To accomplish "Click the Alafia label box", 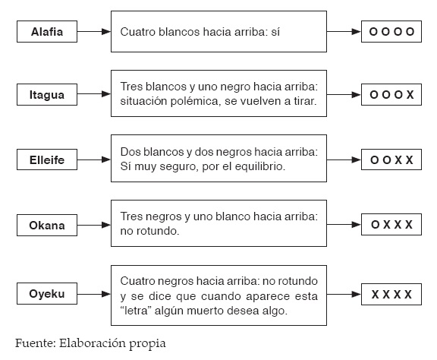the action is (47, 32).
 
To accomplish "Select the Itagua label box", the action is (47, 95).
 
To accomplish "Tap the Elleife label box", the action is (47, 159).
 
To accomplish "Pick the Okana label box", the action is (47, 226).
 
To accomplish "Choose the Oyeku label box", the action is (47, 294).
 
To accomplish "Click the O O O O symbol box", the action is (391, 32).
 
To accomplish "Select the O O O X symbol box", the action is (391, 95).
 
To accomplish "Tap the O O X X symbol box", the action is (391, 159).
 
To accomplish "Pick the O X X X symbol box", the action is (391, 225).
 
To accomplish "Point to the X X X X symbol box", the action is (391, 295).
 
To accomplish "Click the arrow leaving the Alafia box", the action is (94, 32).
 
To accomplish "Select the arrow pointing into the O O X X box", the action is (344, 160).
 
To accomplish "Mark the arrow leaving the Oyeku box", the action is (94, 294).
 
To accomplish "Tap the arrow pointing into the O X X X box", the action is (344, 224).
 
